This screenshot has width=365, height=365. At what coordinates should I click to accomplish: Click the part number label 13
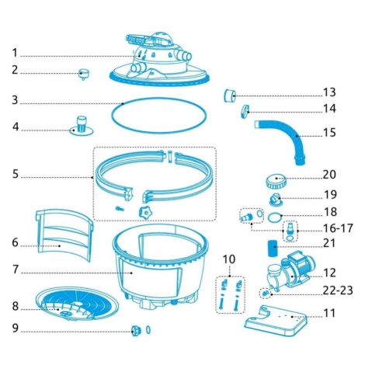[x=329, y=92]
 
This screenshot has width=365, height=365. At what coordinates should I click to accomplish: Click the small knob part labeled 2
[x=84, y=74]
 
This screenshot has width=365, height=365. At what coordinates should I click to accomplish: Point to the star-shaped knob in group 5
[x=145, y=214]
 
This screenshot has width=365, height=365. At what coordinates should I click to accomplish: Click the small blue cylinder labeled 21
[x=273, y=249]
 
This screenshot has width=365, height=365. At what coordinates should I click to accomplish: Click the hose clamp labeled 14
[x=245, y=111]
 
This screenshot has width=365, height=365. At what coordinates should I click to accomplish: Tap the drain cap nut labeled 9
[x=136, y=331]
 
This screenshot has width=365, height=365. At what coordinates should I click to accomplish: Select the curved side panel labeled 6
[x=64, y=235]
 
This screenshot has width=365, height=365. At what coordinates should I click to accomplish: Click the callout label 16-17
[x=338, y=228]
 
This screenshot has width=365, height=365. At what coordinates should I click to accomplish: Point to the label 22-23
[x=338, y=290]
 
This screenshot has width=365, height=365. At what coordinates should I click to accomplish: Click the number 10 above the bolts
[x=229, y=259]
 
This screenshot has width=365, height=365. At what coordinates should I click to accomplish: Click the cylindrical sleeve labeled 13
[x=230, y=96]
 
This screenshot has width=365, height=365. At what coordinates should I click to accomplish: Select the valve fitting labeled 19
[x=276, y=200]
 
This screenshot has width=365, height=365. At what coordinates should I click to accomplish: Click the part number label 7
[x=16, y=269]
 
